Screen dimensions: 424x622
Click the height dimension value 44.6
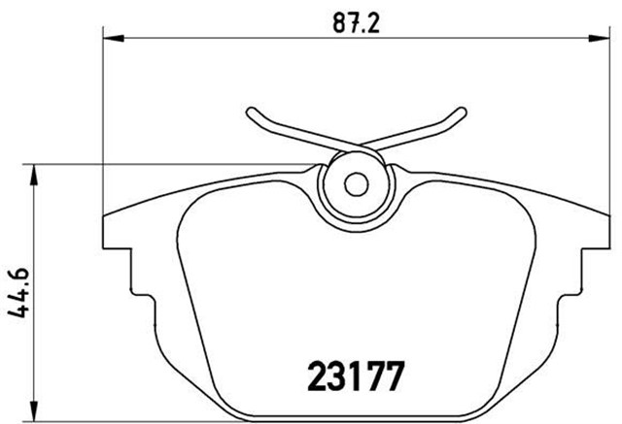(17, 292)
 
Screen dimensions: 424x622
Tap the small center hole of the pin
(356, 182)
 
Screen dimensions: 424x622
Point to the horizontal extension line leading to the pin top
(175, 163)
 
